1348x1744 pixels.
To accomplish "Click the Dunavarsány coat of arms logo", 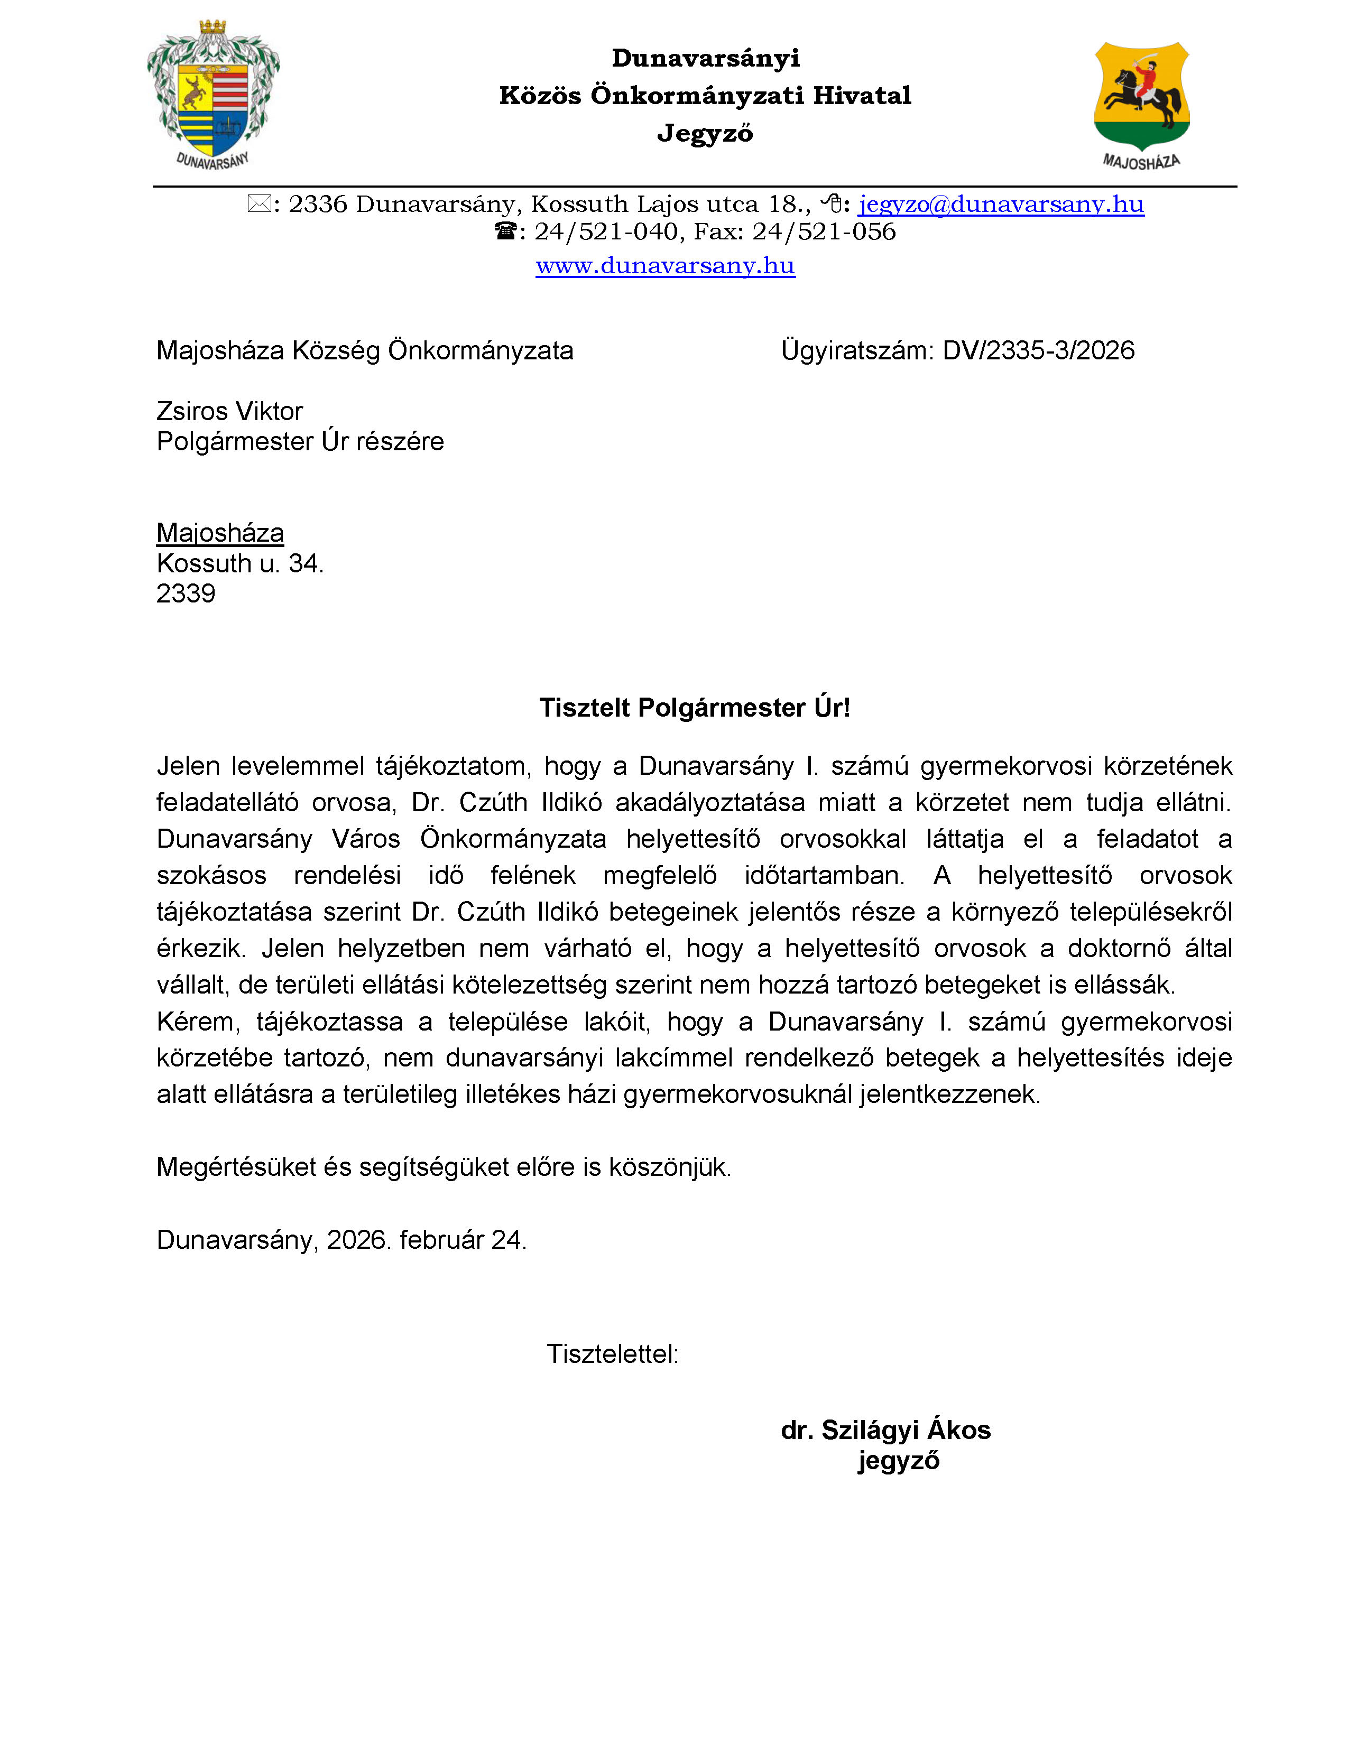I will (x=213, y=94).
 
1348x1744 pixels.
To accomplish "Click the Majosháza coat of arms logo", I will (x=1141, y=104).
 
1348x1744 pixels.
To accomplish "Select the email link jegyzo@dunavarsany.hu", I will (x=1001, y=205).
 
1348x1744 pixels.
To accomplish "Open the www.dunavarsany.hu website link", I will (x=665, y=265).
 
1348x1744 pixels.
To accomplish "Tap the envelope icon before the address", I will (x=258, y=205).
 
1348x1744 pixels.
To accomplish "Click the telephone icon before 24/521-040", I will (x=505, y=231).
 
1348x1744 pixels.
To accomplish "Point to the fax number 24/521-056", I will (x=824, y=231).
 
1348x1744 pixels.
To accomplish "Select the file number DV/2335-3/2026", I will (x=1038, y=350).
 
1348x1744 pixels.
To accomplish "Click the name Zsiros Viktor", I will (x=229, y=411).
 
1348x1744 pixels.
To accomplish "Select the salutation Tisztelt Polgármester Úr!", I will (x=694, y=708).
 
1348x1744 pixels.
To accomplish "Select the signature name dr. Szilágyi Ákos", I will (x=885, y=1430).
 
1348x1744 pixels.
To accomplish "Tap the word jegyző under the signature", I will (x=898, y=1461).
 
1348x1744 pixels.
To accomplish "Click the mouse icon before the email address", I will (x=832, y=205).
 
